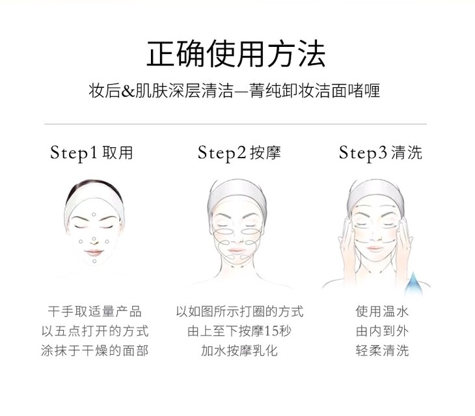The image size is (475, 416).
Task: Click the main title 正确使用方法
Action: (236, 54)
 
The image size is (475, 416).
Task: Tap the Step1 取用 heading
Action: (92, 153)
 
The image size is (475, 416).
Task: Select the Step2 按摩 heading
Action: (239, 153)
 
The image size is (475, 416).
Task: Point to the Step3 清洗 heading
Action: (380, 153)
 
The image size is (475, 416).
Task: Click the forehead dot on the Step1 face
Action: (94, 215)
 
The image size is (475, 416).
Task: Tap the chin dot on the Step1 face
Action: (94, 261)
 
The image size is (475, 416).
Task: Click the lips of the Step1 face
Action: (94, 253)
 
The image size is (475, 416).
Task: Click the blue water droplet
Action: (414, 284)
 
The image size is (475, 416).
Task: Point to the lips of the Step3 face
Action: (375, 249)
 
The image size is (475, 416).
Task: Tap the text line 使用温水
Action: (383, 311)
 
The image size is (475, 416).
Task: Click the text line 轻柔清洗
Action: (383, 351)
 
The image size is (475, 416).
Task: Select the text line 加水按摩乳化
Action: (239, 351)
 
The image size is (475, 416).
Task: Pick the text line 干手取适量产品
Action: (94, 311)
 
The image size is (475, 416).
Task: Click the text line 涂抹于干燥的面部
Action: (94, 351)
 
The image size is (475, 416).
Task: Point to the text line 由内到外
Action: (383, 331)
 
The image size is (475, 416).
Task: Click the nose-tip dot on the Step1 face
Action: (94, 239)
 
